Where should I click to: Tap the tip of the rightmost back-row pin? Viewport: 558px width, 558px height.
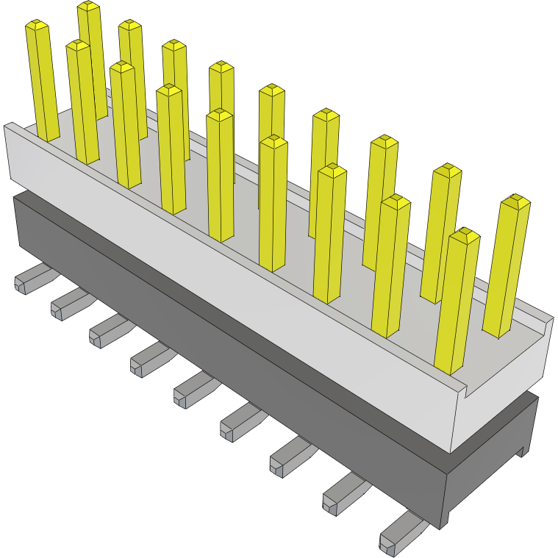[x=515, y=201]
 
